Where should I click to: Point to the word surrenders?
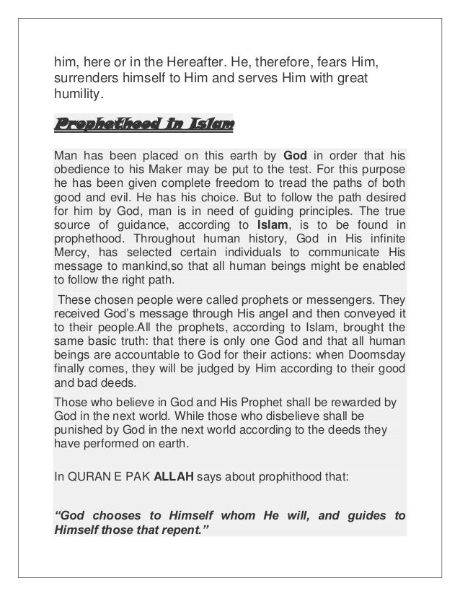(x=89, y=78)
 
